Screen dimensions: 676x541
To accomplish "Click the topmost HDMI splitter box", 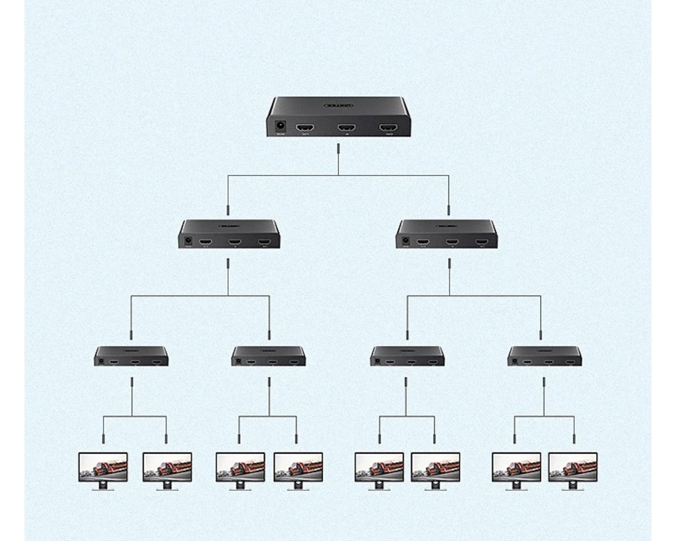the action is tap(338, 116).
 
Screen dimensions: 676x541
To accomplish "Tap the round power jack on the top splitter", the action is tap(281, 127).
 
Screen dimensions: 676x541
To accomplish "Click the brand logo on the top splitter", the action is tap(339, 105).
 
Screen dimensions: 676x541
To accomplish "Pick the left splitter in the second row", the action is tap(229, 234).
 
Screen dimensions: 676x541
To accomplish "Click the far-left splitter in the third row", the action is tap(131, 356).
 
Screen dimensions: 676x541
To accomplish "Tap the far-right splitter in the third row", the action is tap(544, 356).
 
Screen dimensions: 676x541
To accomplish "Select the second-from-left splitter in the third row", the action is tap(268, 356).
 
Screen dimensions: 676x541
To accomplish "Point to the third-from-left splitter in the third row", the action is tap(407, 356).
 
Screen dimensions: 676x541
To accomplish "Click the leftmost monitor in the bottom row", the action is tap(103, 469).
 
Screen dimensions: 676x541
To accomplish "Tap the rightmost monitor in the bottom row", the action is tap(573, 469).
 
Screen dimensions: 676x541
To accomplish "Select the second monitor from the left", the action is tap(167, 469).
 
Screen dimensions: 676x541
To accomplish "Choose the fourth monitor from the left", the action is tap(298, 469).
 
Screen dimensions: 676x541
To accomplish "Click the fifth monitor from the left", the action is tap(379, 469).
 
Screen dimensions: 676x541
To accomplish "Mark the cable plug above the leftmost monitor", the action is tap(103, 438).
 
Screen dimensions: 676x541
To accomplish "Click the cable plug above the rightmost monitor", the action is tap(574, 438).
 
